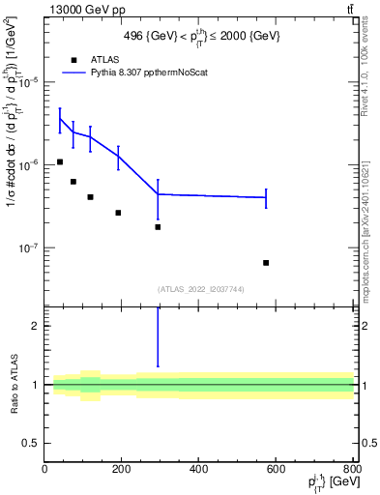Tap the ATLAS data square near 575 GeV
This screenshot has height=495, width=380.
click(266, 263)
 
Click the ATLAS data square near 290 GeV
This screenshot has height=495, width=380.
click(158, 227)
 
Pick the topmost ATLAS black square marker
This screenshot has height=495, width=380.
click(60, 161)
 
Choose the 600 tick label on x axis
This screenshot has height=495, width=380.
click(276, 469)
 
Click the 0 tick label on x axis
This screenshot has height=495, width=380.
click(44, 469)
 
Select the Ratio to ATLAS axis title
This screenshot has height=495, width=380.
click(13, 385)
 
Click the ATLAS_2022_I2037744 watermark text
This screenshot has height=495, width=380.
click(199, 289)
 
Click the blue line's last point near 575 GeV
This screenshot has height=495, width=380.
click(266, 197)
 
